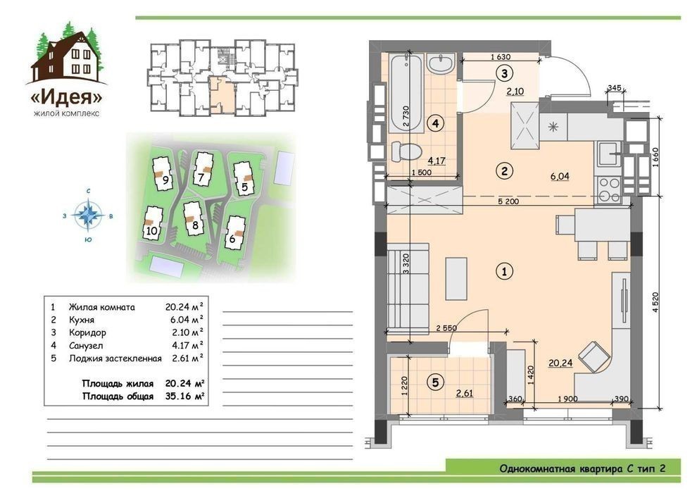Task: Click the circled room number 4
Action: (x=436, y=123)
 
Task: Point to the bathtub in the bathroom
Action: (x=406, y=93)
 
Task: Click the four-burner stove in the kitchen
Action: (x=609, y=190)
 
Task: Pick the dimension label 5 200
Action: (x=508, y=201)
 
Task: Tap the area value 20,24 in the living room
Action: (x=560, y=363)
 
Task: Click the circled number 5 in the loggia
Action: (x=435, y=382)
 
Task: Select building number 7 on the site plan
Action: (x=201, y=177)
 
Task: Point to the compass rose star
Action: (x=89, y=216)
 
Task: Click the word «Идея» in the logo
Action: (x=67, y=97)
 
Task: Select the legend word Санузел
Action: (x=86, y=345)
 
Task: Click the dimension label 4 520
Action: (x=655, y=303)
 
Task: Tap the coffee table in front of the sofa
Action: (x=456, y=279)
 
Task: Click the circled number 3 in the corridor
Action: (x=504, y=73)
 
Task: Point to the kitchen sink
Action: (x=607, y=154)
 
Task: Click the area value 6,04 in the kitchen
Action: (x=560, y=176)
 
